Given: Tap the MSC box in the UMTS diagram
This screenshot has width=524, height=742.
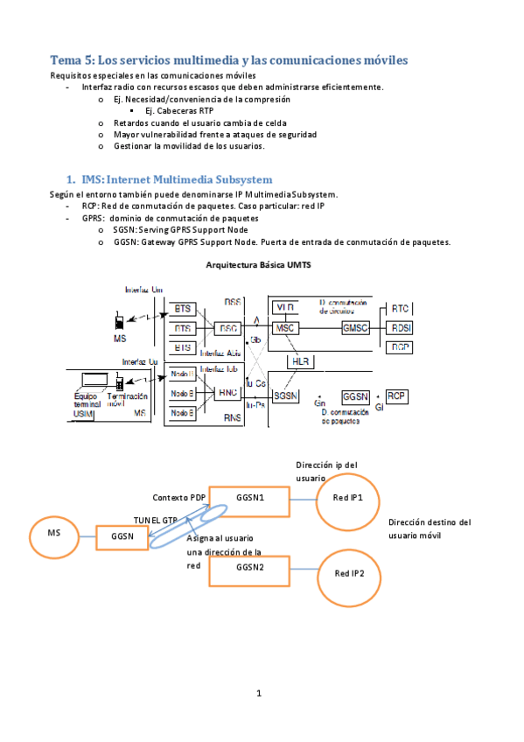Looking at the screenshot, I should tap(285, 327).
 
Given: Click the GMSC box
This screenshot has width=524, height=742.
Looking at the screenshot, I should tap(356, 327).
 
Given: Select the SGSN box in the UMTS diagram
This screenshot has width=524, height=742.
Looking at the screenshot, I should tap(286, 395).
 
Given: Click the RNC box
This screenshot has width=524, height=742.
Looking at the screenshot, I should tap(228, 394).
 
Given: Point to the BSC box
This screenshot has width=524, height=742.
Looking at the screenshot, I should tap(228, 328).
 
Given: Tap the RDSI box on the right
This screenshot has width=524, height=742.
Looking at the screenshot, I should tap(401, 328).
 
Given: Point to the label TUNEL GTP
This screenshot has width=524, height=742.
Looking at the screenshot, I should tap(155, 519).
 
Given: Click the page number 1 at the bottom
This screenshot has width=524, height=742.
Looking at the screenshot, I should tap(259, 694).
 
